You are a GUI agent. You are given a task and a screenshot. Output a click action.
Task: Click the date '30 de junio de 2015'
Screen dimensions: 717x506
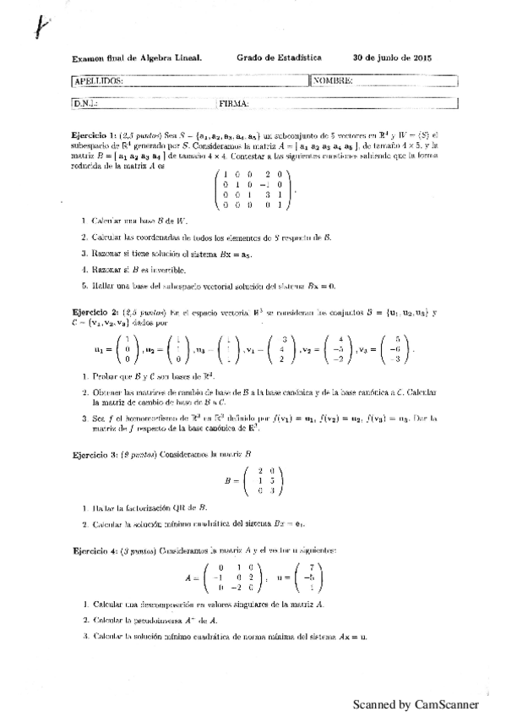(393, 57)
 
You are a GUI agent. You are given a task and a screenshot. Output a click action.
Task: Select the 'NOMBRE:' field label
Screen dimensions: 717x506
(333, 81)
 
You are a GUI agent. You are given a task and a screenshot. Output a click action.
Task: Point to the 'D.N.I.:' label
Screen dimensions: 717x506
(86, 103)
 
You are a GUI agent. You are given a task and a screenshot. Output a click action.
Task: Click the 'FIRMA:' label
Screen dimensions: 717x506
(232, 103)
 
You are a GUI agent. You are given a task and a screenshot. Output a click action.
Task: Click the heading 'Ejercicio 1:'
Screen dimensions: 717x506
(94, 135)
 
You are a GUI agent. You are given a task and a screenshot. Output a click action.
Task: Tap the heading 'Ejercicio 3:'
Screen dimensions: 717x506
(94, 454)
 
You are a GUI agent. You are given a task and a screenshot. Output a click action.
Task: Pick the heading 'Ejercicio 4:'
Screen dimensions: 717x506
(94, 550)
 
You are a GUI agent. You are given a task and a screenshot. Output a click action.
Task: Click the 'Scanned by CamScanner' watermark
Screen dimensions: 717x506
(416, 703)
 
